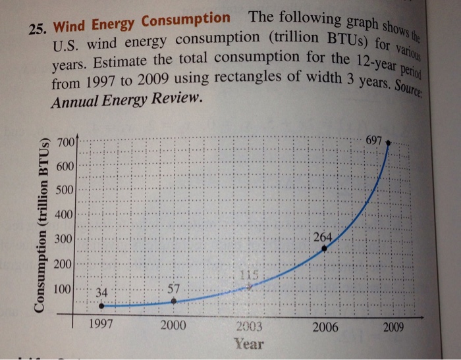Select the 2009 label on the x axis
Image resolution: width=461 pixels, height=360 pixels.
(x=393, y=326)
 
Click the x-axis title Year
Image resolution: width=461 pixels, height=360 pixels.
(x=249, y=344)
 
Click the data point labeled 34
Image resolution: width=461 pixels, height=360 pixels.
(x=101, y=305)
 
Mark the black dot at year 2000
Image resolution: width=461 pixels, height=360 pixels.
(x=173, y=301)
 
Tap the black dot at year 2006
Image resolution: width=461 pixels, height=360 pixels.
(x=324, y=249)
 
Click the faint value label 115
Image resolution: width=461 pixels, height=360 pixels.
(x=247, y=276)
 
